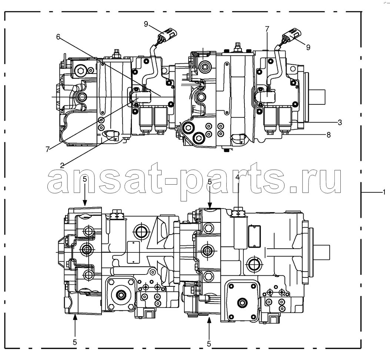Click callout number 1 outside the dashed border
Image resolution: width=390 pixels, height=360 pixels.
click(x=384, y=192)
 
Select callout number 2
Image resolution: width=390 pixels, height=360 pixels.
click(x=62, y=165)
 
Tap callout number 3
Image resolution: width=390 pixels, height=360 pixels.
click(x=340, y=122)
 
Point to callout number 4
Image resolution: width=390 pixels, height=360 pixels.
click(x=237, y=177)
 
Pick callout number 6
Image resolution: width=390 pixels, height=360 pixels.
click(x=58, y=37)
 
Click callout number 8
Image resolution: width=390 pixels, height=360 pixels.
click(x=329, y=135)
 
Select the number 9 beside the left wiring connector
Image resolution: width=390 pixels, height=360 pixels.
click(x=146, y=24)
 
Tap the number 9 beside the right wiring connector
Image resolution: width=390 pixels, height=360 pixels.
click(x=308, y=47)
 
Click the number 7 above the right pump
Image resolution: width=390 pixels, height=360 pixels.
click(x=267, y=29)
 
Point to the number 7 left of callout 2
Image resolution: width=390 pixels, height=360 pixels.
click(x=47, y=149)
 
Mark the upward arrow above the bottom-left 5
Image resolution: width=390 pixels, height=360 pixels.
click(x=75, y=325)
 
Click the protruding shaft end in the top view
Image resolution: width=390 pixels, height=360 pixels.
click(x=317, y=97)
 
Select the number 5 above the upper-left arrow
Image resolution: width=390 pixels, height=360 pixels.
click(x=85, y=179)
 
